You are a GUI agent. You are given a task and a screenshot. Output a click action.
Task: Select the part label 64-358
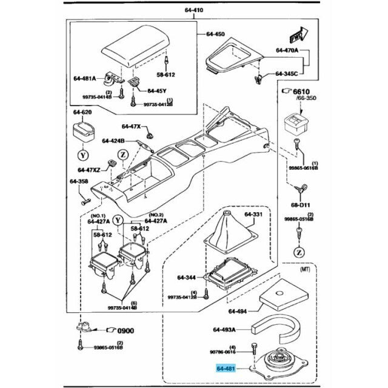(78, 181)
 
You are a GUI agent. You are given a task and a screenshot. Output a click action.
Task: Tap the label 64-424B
(113, 141)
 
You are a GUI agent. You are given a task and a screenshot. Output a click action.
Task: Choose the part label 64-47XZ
(88, 170)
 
